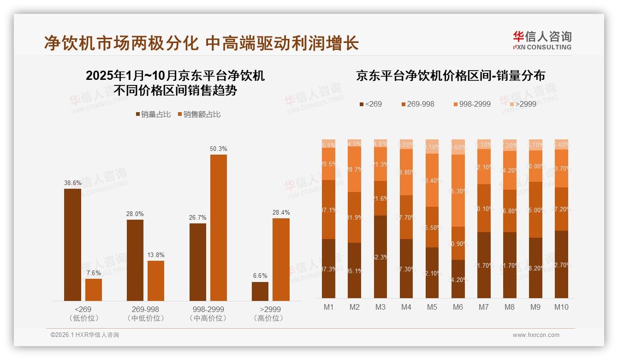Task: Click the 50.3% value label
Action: pyautogui.click(x=219, y=149)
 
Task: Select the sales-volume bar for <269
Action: pyautogui.click(x=72, y=245)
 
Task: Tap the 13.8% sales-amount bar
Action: pyautogui.click(x=156, y=281)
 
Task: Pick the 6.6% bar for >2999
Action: pyautogui.click(x=260, y=291)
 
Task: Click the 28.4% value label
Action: pyautogui.click(x=281, y=212)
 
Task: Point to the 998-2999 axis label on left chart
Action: pyautogui.click(x=208, y=309)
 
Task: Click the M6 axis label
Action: pyautogui.click(x=458, y=307)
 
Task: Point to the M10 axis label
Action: pyautogui.click(x=561, y=307)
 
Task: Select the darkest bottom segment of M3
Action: pyautogui.click(x=380, y=257)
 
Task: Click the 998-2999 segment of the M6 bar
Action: pyautogui.click(x=458, y=191)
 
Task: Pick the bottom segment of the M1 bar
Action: pyautogui.click(x=329, y=269)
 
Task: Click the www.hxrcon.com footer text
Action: pyautogui.click(x=536, y=335)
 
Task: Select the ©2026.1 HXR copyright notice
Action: pyautogui.click(x=85, y=335)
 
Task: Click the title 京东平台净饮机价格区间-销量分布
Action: pyautogui.click(x=450, y=76)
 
